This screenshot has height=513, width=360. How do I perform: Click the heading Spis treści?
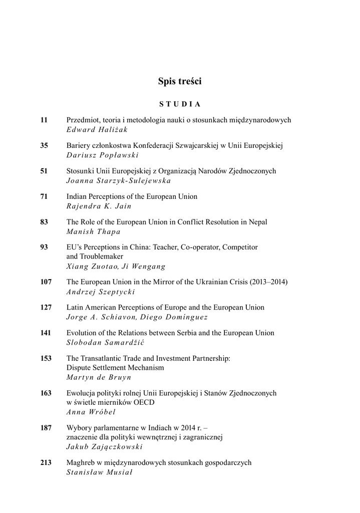180,81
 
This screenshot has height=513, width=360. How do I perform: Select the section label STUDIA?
180,104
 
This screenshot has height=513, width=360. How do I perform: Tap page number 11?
44,120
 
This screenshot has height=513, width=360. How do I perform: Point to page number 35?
44,146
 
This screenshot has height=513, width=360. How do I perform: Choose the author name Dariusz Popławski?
102,155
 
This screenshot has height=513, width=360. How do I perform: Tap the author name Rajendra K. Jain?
99,206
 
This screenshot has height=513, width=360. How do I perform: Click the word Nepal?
257,222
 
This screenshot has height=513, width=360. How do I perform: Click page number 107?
46,282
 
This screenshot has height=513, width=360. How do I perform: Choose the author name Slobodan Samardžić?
108,342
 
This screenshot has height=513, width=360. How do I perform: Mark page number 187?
46,427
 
